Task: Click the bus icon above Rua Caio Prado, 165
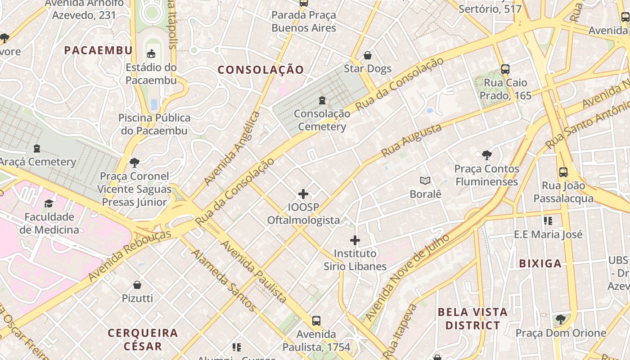coord(505,69)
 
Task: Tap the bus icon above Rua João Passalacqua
coord(563,172)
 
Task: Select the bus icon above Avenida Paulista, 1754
coord(316,321)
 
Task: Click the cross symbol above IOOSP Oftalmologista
coord(303,194)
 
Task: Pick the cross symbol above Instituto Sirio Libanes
coord(355,240)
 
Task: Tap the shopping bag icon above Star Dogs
coord(368,55)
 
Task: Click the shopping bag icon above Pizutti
coord(137,285)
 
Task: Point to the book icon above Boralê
coord(425,181)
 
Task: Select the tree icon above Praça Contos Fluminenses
coord(486,155)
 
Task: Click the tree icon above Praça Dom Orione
coord(560,319)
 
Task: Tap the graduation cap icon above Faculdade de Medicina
coord(49,203)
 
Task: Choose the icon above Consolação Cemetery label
coord(322,100)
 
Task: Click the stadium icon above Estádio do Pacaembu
coord(151,54)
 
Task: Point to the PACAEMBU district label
coord(98,50)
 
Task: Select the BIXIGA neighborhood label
coord(540,264)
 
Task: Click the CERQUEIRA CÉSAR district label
coord(143,340)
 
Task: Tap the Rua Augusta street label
coord(411,141)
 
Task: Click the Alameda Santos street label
coord(223,280)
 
